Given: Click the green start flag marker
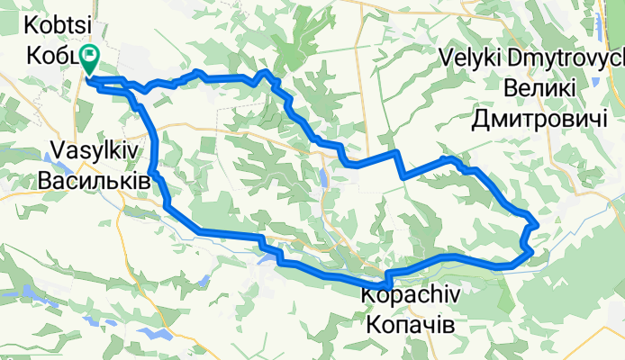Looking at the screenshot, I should tap(91, 58).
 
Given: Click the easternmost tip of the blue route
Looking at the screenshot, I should tap(537, 221).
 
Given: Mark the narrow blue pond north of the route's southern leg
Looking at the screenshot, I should tap(323, 175).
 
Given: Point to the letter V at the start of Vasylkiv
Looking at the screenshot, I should tap(45, 153).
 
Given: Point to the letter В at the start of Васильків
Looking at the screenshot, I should tap(46, 181).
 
